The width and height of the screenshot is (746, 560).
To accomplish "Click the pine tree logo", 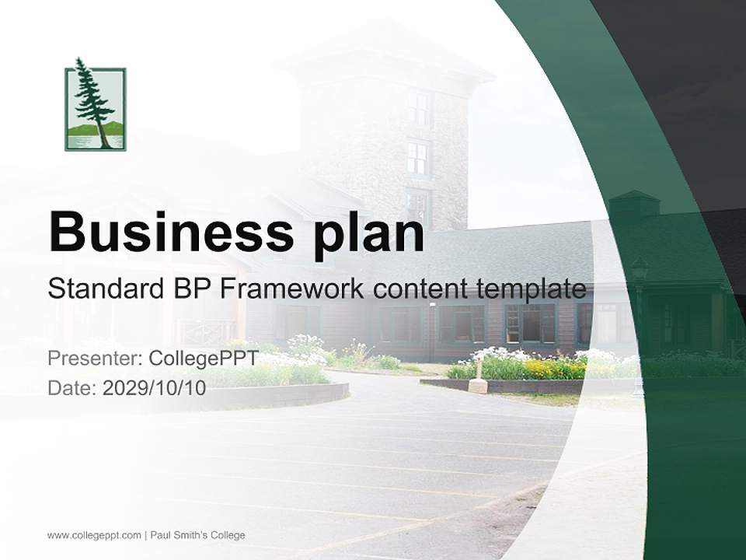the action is coord(95,105).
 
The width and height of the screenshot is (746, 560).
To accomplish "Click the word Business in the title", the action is coord(171,233).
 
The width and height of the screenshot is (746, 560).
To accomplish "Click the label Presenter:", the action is coord(95,358).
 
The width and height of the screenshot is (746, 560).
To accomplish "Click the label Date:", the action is coord(72,388).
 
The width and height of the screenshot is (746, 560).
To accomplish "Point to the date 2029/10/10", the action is coord(154,388).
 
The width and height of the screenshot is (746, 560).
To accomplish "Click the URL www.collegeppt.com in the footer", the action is coord(94,536).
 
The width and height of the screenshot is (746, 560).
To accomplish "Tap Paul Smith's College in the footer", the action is coord(198,535).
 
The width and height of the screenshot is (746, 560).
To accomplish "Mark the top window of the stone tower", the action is coord(419,108).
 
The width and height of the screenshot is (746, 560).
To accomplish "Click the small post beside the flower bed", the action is coord(476,378).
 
